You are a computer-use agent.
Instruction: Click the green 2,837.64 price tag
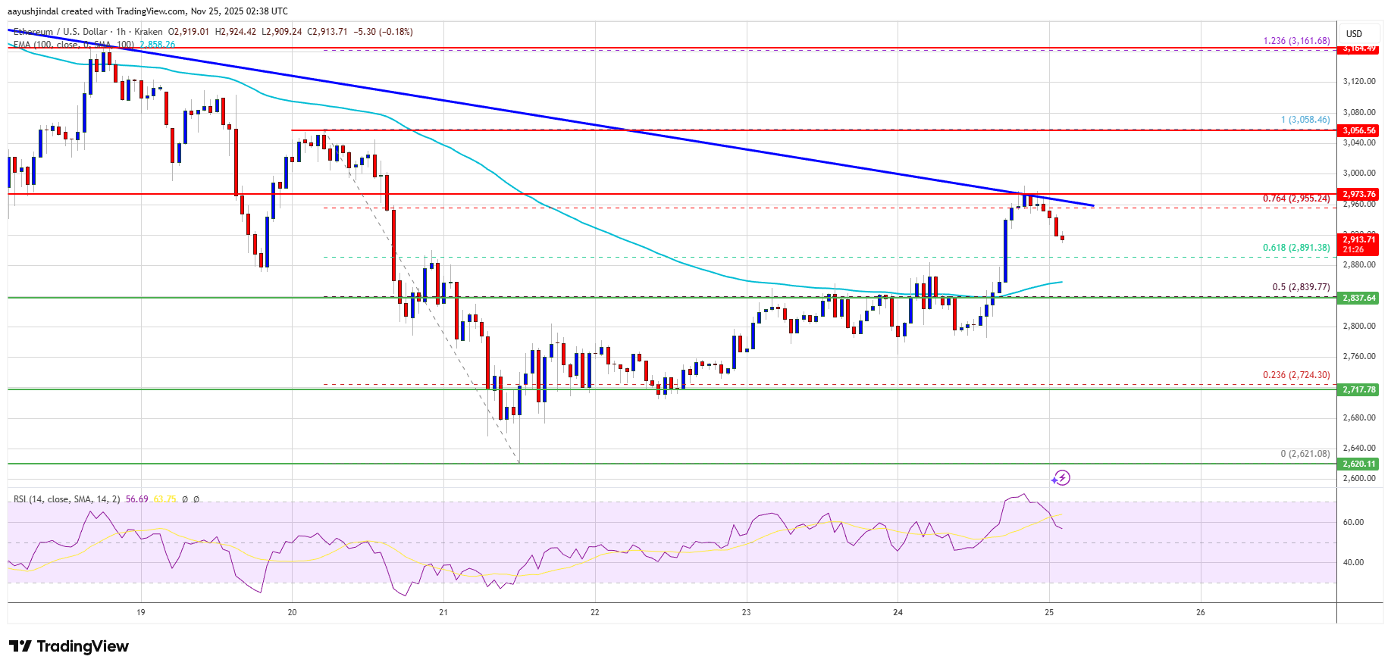(x=1358, y=298)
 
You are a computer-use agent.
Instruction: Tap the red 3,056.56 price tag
(x=1358, y=130)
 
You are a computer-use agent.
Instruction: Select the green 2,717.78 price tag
(x=1358, y=389)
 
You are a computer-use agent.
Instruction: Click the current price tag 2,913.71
(x=1358, y=239)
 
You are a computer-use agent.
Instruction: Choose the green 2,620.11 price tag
(x=1358, y=464)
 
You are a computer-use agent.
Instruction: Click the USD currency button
(x=1354, y=33)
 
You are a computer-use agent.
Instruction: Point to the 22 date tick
(x=595, y=612)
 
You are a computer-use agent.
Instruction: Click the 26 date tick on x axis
(x=1201, y=612)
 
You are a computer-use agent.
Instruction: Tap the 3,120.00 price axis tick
(x=1358, y=81)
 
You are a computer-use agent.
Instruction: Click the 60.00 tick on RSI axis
(x=1353, y=522)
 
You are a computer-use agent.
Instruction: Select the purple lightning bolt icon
(x=1060, y=478)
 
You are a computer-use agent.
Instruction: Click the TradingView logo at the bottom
(x=69, y=646)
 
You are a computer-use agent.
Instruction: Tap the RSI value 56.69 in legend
(x=137, y=499)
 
